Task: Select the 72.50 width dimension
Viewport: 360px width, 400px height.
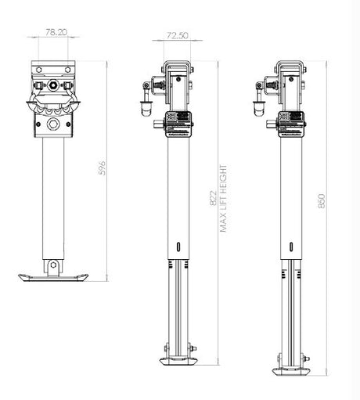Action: point(176,36)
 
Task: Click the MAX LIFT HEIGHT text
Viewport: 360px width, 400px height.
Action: point(225,200)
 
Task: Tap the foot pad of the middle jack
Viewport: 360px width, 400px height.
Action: point(178,362)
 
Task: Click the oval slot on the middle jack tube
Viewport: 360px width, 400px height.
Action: point(179,246)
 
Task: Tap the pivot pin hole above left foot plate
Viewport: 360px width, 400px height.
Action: point(52,265)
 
